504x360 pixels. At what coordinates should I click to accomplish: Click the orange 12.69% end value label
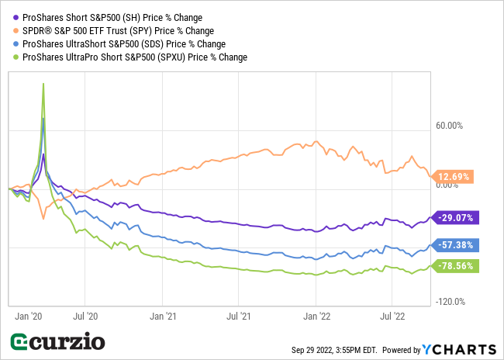tap(454, 177)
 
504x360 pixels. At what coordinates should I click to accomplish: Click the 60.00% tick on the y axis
tap(450, 126)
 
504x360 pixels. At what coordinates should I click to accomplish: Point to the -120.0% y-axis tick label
tap(449, 302)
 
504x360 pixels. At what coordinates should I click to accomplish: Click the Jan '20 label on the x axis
tap(29, 316)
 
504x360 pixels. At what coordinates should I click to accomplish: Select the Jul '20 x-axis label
tap(85, 316)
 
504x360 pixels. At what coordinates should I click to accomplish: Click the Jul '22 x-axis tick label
tap(392, 316)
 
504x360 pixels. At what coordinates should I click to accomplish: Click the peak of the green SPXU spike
tap(43, 84)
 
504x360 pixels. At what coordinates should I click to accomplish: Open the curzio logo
tap(57, 342)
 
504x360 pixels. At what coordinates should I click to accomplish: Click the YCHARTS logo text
tap(459, 348)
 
